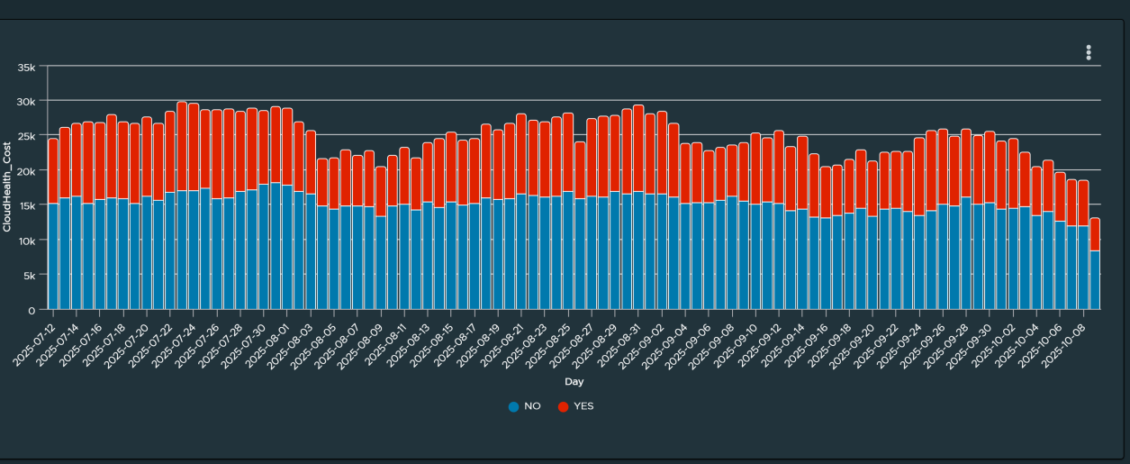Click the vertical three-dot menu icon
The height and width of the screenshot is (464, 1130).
1089,52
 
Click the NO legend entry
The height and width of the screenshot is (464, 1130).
524,406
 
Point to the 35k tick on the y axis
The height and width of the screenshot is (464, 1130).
26,67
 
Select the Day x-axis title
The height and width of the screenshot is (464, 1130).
574,383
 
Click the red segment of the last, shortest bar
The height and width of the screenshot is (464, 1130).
1095,234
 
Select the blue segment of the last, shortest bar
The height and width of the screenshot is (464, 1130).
1095,280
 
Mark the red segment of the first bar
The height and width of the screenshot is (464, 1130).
53,171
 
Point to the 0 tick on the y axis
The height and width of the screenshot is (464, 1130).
32,310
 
